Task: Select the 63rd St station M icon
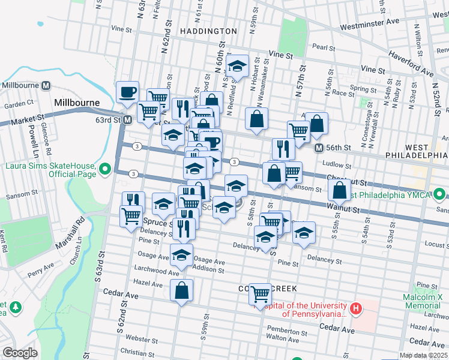click(x=127, y=120)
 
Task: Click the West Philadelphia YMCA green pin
click(x=441, y=194)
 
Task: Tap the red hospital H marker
click(x=357, y=309)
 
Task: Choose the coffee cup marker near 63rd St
click(x=127, y=92)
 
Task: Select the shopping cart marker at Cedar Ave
click(x=260, y=294)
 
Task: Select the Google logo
click(x=20, y=353)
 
